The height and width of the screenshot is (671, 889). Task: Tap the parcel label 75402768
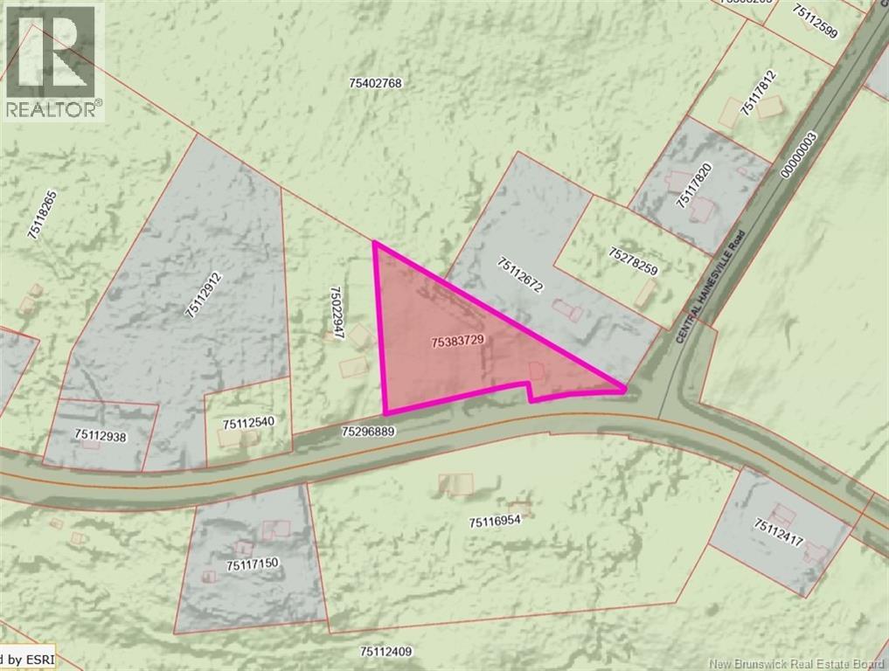pyautogui.click(x=374, y=84)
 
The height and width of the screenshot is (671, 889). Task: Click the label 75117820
pyautogui.click(x=695, y=187)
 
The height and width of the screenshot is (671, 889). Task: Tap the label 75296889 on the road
pyautogui.click(x=369, y=431)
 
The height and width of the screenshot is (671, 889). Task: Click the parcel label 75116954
pyautogui.click(x=495, y=522)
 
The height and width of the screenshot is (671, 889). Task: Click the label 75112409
pyautogui.click(x=385, y=652)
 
